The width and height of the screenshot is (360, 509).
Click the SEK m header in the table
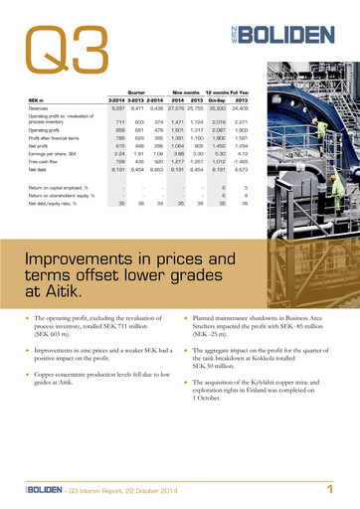point(40,99)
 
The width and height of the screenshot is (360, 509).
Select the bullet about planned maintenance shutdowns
point(263,325)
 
